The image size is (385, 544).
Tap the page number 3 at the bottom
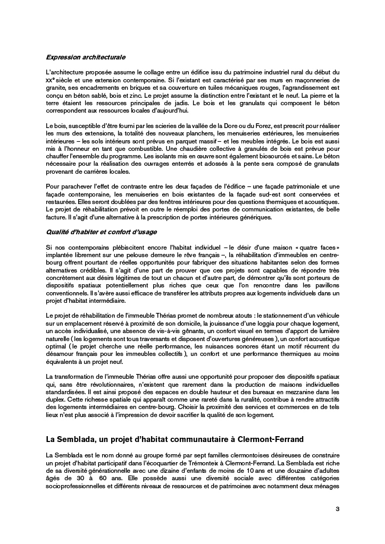pos(337,509)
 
